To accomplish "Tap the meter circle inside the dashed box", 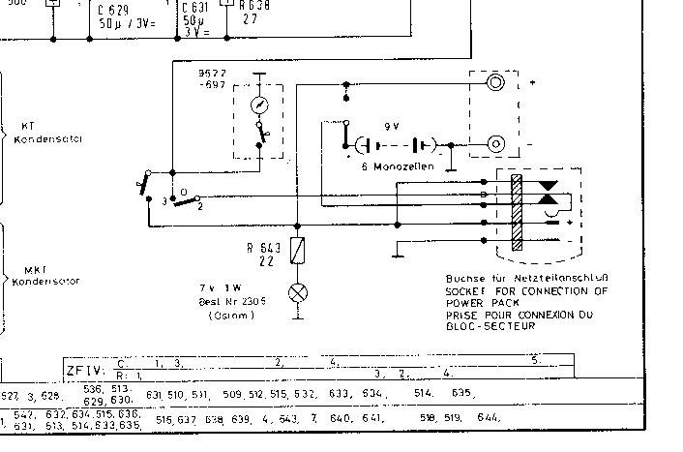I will click(258, 105).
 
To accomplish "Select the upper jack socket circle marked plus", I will click(496, 83).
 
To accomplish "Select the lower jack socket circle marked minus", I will click(496, 145).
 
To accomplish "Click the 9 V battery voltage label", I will click(391, 126).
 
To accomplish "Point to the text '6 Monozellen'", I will click(397, 166).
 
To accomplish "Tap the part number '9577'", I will click(211, 74).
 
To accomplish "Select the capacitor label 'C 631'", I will click(193, 8).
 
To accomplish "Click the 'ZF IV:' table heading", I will click(86, 369).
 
